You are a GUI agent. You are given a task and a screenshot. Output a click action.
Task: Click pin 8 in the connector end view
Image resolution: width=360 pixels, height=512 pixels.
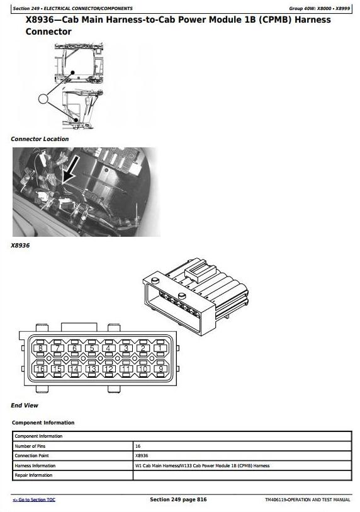40,348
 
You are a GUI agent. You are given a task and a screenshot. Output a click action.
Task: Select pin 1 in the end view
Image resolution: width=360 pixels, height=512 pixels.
160,348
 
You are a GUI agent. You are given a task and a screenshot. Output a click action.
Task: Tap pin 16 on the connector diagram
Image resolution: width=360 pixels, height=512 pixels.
40,368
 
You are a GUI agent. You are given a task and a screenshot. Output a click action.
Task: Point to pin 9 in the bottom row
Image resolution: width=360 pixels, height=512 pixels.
160,368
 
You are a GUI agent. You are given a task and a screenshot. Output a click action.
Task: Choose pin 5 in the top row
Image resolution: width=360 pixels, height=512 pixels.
92,348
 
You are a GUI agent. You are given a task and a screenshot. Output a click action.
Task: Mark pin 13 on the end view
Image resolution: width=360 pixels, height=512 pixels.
92,368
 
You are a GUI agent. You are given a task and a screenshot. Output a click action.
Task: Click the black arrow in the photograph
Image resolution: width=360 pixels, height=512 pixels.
70,169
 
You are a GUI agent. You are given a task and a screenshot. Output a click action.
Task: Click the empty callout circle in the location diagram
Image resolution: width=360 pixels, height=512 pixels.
43,99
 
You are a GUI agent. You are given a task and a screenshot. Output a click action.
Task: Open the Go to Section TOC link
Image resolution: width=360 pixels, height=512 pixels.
34,500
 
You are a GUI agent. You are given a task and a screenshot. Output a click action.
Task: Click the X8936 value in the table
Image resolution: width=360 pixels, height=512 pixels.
142,455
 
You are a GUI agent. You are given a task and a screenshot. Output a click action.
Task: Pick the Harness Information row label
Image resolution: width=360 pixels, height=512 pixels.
35,465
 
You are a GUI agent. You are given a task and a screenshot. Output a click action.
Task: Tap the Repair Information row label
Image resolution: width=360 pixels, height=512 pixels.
33,475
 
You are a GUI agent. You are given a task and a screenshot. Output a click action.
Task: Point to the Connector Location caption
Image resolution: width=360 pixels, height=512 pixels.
40,139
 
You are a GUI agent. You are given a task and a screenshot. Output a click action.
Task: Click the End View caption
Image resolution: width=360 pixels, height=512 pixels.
25,405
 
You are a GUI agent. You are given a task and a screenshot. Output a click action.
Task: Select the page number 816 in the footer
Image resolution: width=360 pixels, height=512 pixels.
201,499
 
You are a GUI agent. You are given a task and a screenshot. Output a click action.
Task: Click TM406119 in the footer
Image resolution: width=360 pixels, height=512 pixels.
276,499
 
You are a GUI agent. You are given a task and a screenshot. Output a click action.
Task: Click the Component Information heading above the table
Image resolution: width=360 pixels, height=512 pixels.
43,423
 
